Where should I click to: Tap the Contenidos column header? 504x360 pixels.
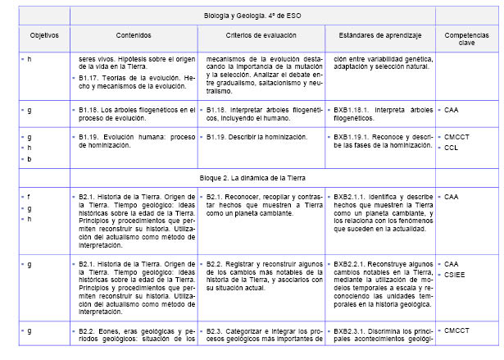click(x=134, y=37)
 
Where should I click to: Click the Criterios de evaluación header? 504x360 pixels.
click(x=260, y=37)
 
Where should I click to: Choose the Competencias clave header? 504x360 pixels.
click(x=466, y=40)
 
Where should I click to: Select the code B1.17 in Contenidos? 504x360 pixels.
click(x=92, y=78)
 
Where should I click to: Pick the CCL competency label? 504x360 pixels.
click(x=451, y=148)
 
